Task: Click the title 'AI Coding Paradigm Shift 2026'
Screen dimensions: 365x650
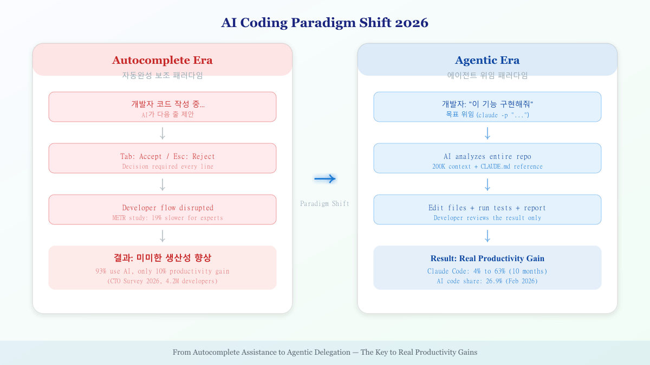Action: (324, 23)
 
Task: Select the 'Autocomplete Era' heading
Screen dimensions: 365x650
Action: (162, 60)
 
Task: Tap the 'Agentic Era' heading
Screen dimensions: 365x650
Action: (487, 60)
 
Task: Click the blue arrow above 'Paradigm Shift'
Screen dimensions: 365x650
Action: (325, 179)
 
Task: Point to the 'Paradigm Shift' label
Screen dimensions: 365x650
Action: (325, 204)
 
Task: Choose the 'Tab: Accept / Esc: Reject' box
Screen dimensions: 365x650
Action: (162, 158)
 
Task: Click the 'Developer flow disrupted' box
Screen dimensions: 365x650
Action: (162, 209)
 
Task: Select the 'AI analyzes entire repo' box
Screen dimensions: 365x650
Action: (487, 158)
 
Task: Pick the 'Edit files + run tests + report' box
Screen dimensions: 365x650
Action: (487, 209)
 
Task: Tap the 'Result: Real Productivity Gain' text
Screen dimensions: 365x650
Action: (487, 258)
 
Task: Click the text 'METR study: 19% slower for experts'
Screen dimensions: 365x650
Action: (167, 218)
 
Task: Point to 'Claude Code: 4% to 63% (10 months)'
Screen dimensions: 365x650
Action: (487, 271)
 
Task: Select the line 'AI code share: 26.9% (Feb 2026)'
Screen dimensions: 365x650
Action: (487, 281)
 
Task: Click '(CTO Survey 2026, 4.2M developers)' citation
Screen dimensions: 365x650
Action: (162, 281)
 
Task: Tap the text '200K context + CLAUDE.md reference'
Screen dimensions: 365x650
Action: (487, 167)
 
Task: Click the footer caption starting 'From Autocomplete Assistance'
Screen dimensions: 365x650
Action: (325, 352)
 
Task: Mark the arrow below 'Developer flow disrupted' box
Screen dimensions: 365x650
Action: (162, 236)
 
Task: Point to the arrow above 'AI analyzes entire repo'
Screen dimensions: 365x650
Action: (487, 133)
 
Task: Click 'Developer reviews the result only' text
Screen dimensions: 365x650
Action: (487, 218)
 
